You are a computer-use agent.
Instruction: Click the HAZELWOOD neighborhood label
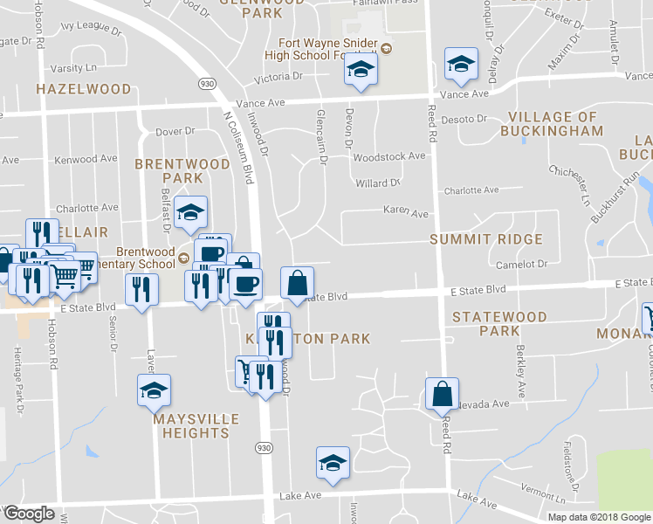pyautogui.click(x=84, y=89)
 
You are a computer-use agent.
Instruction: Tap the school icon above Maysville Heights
pyautogui.click(x=154, y=390)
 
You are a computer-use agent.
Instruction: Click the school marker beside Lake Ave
pyautogui.click(x=333, y=463)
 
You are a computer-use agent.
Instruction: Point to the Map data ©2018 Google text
pyautogui.click(x=600, y=516)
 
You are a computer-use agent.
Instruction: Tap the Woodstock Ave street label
pyautogui.click(x=388, y=156)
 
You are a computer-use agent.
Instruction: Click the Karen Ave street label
pyautogui.click(x=407, y=211)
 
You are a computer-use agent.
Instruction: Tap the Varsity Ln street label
pyautogui.click(x=73, y=67)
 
